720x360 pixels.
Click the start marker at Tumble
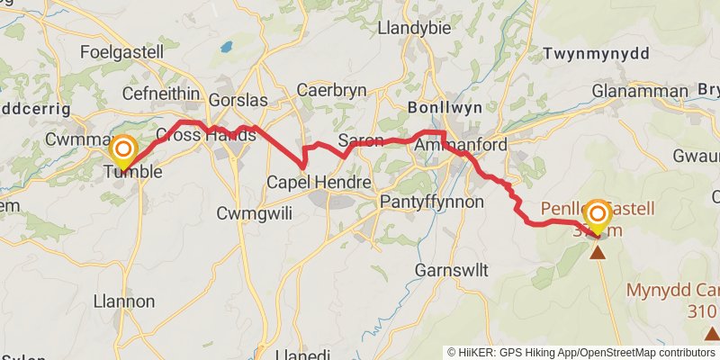point(122,149)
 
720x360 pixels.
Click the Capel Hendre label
point(319,183)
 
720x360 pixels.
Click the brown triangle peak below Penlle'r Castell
point(598,251)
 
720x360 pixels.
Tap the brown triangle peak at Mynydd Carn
point(711,334)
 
